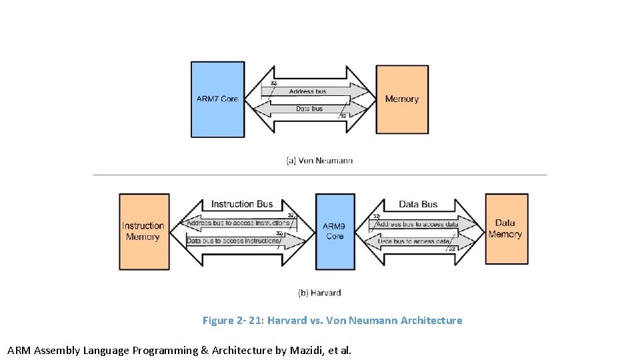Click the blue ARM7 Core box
coord(217,99)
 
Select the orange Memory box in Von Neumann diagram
coord(402,99)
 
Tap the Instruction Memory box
coord(143,231)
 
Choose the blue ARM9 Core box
coord(335,231)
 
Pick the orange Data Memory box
coord(505,229)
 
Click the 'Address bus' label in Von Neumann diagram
coord(308,91)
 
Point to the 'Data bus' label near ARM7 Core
coord(309,109)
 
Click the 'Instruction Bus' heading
coord(242,204)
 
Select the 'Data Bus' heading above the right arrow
coord(418,204)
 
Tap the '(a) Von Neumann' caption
coord(319,161)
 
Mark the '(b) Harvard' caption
coord(319,293)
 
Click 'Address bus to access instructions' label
coord(237,223)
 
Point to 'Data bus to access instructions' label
coord(233,241)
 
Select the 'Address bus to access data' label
coord(418,224)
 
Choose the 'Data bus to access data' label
coord(415,241)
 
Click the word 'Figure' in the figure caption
coord(218,321)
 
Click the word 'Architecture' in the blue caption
coord(431,321)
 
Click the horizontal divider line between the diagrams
coord(319,175)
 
